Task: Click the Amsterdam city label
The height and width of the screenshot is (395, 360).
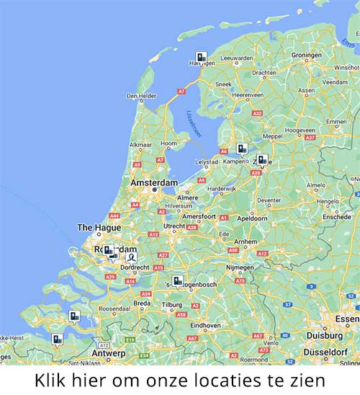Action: pyautogui.click(x=153, y=183)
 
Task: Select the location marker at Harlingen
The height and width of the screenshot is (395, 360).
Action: pyautogui.click(x=202, y=58)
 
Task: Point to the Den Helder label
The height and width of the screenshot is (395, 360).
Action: pyautogui.click(x=141, y=96)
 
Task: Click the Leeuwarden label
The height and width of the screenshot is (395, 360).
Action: pyautogui.click(x=236, y=58)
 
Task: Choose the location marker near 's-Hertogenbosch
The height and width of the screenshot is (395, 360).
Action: pyautogui.click(x=177, y=280)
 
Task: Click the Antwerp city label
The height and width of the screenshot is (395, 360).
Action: pyautogui.click(x=108, y=353)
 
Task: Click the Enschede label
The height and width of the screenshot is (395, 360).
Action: pyautogui.click(x=336, y=216)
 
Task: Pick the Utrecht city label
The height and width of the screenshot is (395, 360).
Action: pyautogui.click(x=174, y=226)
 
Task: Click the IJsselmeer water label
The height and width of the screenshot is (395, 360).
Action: pyautogui.click(x=194, y=123)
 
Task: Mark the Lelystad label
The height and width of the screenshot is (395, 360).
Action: pyautogui.click(x=207, y=162)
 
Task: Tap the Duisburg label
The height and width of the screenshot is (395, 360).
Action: pyautogui.click(x=325, y=335)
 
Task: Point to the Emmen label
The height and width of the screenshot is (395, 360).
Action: pyautogui.click(x=336, y=122)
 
